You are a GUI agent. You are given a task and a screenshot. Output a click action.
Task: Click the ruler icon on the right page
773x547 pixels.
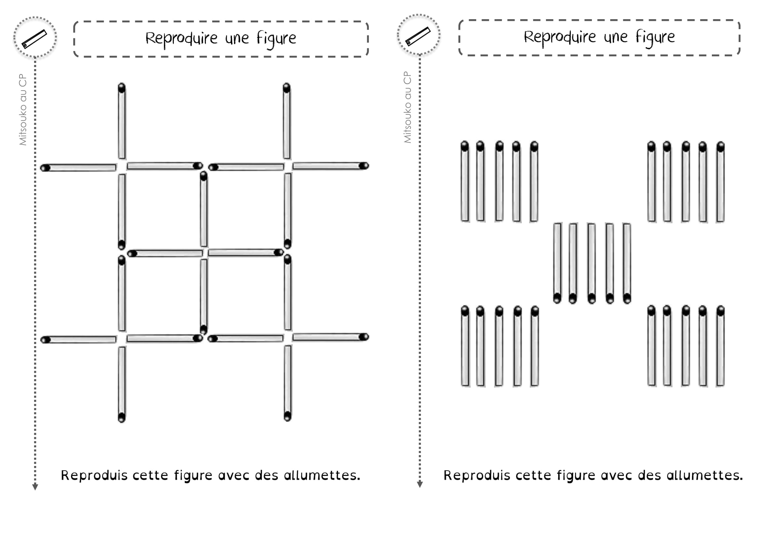418,36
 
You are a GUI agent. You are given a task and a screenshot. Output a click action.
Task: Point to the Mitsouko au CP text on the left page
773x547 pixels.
22,109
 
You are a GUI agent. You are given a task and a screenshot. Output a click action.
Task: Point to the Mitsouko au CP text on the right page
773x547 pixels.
407,107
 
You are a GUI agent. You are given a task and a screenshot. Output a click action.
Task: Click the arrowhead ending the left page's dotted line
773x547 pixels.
35,487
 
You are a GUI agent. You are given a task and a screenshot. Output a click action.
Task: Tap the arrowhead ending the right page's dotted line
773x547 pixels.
419,485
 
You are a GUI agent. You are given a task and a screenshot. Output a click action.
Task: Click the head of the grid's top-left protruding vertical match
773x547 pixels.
122,88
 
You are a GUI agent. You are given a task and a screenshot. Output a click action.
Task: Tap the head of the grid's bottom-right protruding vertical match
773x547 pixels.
287,416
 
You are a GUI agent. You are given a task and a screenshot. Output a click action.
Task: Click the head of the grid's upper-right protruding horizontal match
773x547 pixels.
364,166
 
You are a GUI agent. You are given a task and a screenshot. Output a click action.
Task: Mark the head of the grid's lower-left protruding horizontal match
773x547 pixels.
46,340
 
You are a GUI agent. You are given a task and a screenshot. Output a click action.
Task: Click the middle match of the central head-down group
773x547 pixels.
592,263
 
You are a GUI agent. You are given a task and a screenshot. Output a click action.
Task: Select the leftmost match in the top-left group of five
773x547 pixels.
465,182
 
